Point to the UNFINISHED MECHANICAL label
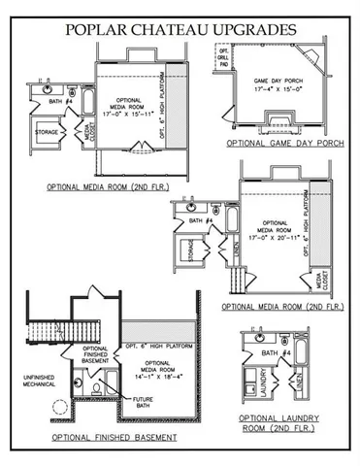pos(30,381)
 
